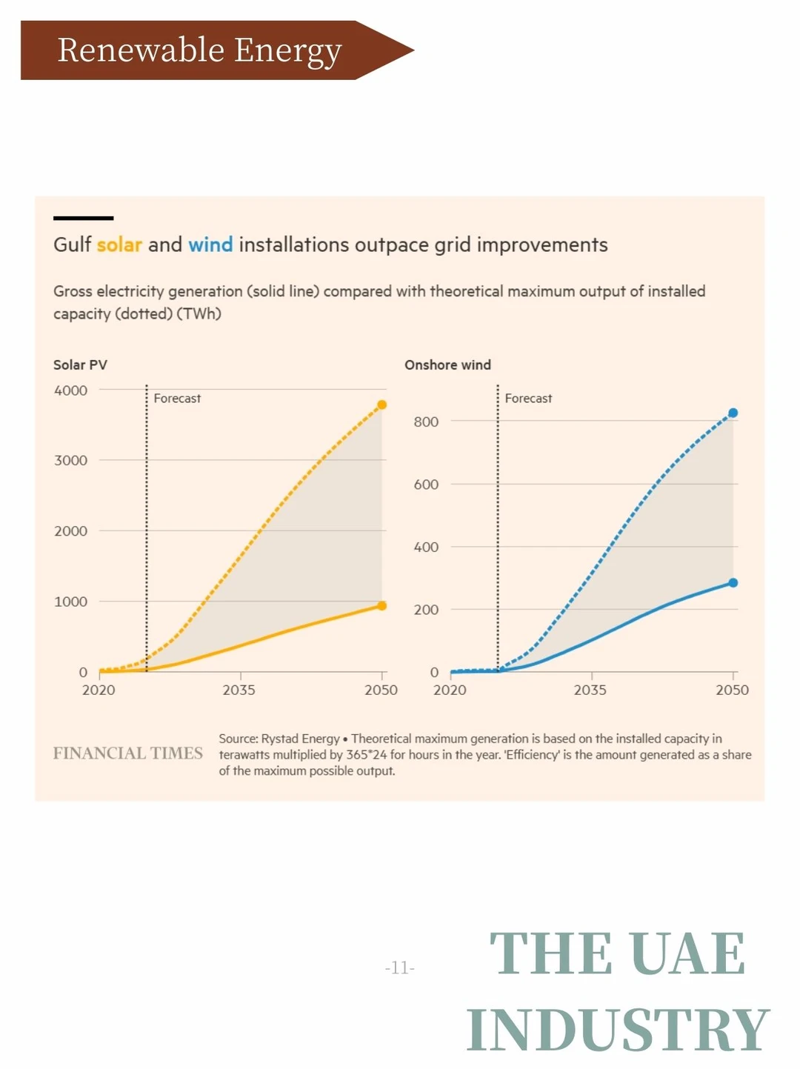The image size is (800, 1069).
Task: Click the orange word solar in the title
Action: pyautogui.click(x=119, y=244)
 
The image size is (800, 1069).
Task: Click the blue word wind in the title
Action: pyautogui.click(x=210, y=244)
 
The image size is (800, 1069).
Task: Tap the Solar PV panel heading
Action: pyautogui.click(x=80, y=364)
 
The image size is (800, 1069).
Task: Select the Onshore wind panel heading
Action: pyautogui.click(x=447, y=364)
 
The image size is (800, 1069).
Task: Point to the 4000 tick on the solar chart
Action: pyautogui.click(x=70, y=390)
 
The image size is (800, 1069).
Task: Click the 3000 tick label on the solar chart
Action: pyautogui.click(x=70, y=460)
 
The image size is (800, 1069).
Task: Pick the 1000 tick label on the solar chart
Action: pyautogui.click(x=70, y=602)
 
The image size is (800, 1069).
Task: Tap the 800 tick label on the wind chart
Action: pyautogui.click(x=426, y=422)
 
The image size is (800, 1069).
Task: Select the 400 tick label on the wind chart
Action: pyautogui.click(x=426, y=547)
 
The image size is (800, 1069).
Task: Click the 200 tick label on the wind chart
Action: pyautogui.click(x=426, y=610)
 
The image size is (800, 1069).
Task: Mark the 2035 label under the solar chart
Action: pyautogui.click(x=239, y=690)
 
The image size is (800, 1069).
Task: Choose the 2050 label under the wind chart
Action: pyautogui.click(x=732, y=690)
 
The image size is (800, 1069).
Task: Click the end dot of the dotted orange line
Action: pyautogui.click(x=382, y=404)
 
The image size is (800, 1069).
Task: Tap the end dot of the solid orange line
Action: pyautogui.click(x=382, y=605)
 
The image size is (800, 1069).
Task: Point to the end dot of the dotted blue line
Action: pyautogui.click(x=733, y=413)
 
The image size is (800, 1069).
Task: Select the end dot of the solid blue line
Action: pyautogui.click(x=733, y=582)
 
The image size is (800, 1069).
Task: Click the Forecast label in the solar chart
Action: pyautogui.click(x=177, y=399)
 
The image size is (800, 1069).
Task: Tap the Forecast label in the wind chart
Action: pyautogui.click(x=528, y=399)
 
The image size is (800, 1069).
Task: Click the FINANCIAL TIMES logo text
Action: pyautogui.click(x=127, y=753)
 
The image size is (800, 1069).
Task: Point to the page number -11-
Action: pyautogui.click(x=400, y=968)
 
